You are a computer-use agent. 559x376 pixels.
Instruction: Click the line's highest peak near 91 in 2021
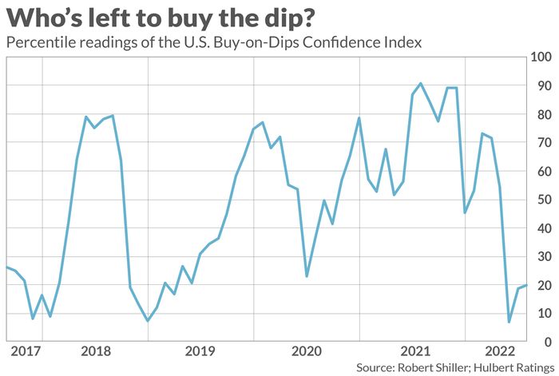pos(421,83)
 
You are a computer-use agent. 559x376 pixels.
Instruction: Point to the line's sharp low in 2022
pos(509,322)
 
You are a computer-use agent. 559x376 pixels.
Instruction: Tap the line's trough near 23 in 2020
pos(307,276)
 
